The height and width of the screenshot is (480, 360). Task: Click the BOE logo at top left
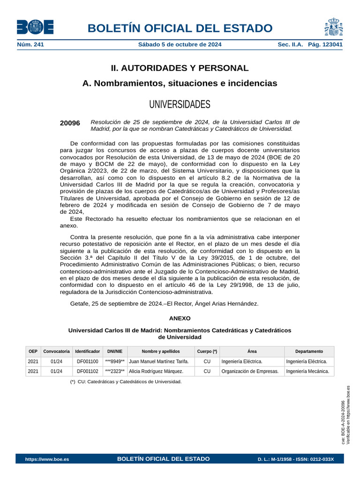(x=35, y=27)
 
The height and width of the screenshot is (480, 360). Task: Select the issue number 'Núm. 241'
(x=30, y=45)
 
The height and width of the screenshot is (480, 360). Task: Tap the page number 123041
(x=331, y=45)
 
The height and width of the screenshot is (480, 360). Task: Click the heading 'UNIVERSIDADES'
(x=180, y=104)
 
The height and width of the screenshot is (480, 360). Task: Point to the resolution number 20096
(x=70, y=123)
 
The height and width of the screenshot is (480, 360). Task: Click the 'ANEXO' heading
(x=180, y=318)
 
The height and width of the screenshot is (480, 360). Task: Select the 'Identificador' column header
(x=87, y=351)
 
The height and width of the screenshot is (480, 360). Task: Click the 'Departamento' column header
(x=309, y=351)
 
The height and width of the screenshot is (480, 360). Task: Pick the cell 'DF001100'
(x=88, y=361)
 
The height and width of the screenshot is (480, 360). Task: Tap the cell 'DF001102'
(x=88, y=371)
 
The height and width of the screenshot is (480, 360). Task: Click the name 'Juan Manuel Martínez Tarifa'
(x=158, y=361)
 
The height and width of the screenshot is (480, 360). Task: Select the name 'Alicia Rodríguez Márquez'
(x=156, y=371)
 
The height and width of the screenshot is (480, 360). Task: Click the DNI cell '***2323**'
(x=115, y=371)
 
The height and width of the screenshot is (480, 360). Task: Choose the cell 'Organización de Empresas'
(x=250, y=371)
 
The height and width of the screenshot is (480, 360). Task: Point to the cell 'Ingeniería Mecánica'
(x=307, y=371)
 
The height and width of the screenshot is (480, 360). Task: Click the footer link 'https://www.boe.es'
(x=47, y=459)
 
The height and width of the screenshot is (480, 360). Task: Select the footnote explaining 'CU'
(x=126, y=382)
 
